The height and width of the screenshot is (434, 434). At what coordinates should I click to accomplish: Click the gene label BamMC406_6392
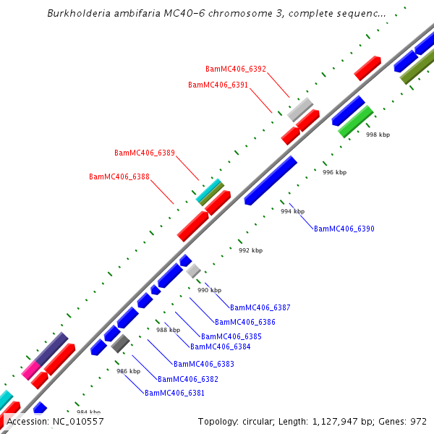click(236, 69)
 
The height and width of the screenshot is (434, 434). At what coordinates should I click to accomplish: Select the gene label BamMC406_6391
click(218, 85)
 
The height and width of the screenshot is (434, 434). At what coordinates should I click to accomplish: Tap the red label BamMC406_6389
click(145, 153)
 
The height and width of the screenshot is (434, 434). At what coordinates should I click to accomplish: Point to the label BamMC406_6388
click(119, 177)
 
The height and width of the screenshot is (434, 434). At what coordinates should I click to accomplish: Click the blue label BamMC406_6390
click(344, 229)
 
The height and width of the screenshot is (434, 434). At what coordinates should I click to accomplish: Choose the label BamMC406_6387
click(260, 308)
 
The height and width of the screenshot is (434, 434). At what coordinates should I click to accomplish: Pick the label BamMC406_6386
click(245, 323)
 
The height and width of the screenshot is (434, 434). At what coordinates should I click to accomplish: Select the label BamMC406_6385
click(231, 337)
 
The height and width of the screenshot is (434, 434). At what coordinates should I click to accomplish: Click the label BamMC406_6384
click(221, 347)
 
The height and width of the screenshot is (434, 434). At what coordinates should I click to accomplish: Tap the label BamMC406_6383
click(204, 364)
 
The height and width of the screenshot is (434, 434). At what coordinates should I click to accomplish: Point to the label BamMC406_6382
click(188, 379)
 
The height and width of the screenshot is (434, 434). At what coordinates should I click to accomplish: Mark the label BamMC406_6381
click(175, 393)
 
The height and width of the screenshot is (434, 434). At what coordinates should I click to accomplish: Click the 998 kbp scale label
click(378, 135)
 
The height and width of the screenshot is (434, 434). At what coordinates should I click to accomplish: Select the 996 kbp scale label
click(334, 173)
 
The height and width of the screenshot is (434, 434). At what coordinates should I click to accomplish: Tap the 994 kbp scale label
click(293, 212)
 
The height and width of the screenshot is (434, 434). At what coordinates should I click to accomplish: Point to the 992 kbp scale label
click(250, 251)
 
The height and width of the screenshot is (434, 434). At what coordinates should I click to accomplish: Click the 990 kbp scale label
click(210, 290)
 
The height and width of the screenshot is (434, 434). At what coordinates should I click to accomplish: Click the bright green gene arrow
click(355, 122)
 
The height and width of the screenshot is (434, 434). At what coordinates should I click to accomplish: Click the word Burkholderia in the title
click(77, 14)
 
